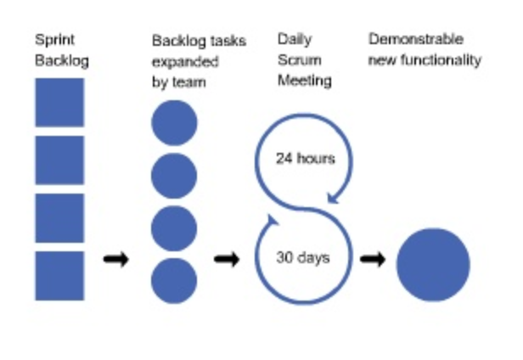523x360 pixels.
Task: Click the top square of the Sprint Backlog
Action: (59, 103)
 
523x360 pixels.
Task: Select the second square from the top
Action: (59, 160)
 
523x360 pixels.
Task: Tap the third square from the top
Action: (59, 218)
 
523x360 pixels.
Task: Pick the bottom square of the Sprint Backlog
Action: (59, 275)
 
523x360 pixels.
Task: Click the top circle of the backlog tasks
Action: (174, 122)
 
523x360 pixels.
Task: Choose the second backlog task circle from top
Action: (174, 175)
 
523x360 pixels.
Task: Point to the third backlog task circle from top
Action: (174, 228)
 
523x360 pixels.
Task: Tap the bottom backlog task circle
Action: (174, 280)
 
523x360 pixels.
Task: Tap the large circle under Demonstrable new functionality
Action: (433, 264)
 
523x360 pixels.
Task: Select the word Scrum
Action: (295, 61)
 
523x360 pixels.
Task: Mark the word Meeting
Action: (304, 82)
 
